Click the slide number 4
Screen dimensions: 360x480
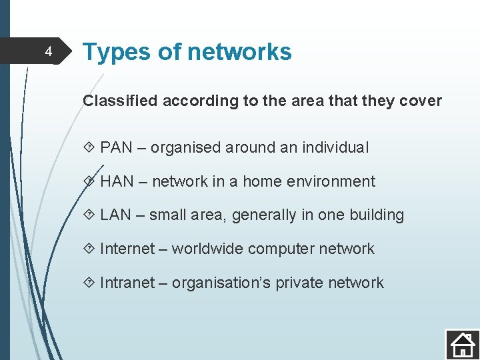pos(48,51)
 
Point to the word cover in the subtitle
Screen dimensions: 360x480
pos(421,101)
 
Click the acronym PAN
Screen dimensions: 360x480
pos(117,147)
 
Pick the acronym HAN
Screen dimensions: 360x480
pos(117,181)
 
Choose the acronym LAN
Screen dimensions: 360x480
pos(116,215)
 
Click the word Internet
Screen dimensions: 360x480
pos(127,249)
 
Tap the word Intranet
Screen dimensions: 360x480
pos(127,283)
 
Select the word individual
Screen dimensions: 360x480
pos(337,147)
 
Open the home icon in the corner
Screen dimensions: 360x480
pos(461,344)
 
